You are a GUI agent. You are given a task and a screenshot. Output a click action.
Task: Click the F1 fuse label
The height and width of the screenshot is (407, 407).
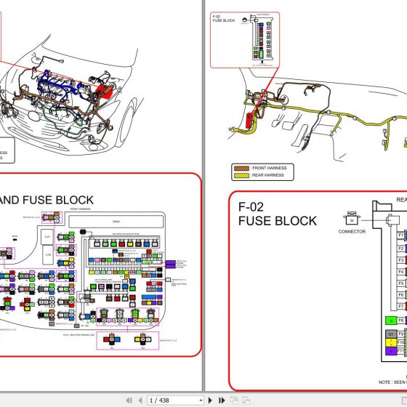pos(400,235)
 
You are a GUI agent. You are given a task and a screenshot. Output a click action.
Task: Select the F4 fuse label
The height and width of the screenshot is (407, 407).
pos(400,272)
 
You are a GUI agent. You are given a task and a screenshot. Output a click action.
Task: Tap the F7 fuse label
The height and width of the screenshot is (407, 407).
pos(400,306)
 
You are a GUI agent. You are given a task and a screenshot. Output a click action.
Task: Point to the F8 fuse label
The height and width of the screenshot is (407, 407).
pos(401,320)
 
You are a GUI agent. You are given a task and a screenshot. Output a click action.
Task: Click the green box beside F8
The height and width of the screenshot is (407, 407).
pos(390,320)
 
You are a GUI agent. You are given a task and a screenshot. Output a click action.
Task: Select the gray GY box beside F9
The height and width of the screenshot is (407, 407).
pos(390,334)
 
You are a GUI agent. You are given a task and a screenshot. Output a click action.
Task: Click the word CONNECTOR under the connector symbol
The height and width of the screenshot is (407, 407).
pos(352,233)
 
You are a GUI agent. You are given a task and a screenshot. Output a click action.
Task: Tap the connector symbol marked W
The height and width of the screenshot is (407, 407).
pos(352,219)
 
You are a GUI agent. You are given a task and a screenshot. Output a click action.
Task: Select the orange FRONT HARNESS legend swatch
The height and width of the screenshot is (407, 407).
pos(240,168)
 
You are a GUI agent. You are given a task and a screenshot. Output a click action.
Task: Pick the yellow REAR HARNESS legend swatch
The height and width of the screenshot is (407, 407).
pos(240,175)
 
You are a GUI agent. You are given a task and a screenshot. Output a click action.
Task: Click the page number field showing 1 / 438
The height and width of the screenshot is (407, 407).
pos(174,400)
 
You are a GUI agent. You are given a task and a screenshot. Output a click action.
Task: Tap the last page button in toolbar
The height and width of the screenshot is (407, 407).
pos(221,400)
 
